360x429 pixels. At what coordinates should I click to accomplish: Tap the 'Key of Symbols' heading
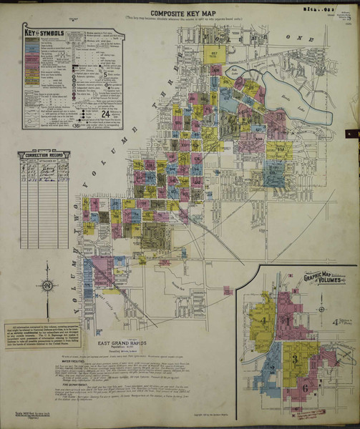point(44,32)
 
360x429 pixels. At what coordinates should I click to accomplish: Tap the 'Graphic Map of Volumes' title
point(323,277)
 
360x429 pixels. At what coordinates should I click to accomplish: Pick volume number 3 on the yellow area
point(294,355)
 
